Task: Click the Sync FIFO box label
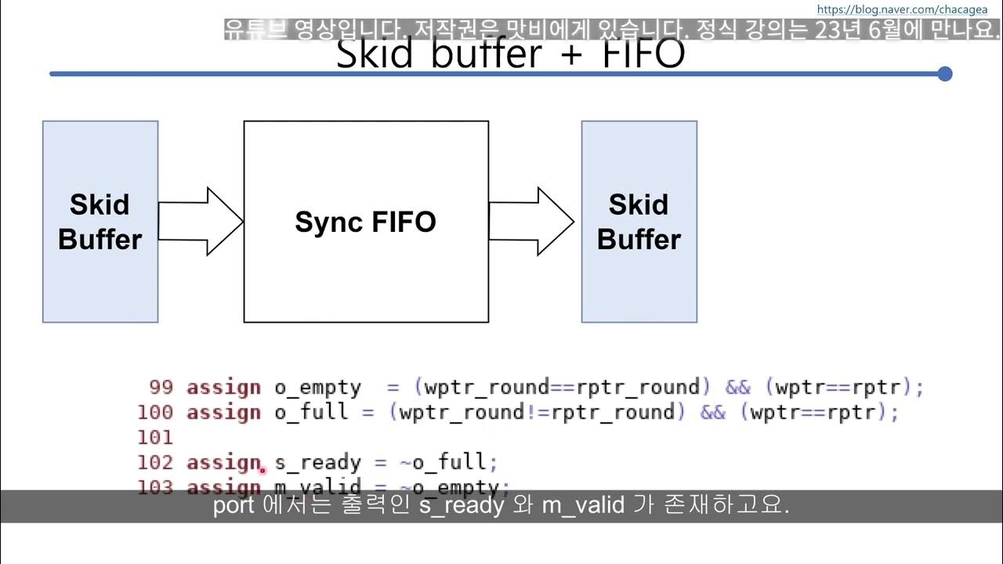pos(365,222)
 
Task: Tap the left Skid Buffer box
pos(100,222)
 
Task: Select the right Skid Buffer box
pos(639,222)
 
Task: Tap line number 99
pos(161,387)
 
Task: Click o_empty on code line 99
pos(317,387)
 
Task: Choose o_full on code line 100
pos(311,412)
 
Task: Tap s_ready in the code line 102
pos(317,462)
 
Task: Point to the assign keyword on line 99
pos(223,387)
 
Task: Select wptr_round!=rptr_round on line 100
pos(537,412)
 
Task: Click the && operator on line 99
pos(737,387)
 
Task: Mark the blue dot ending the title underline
pos(944,74)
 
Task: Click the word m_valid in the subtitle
pos(582,505)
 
